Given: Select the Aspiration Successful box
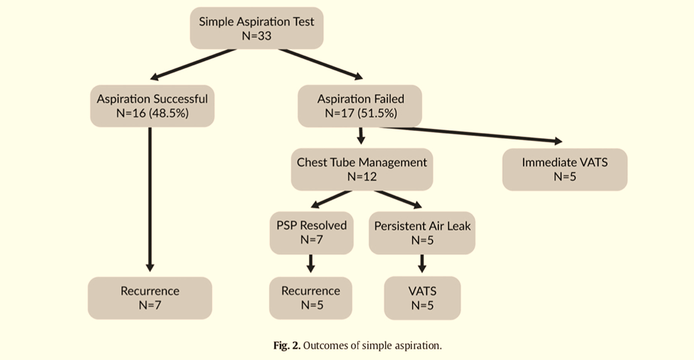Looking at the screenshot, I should (152, 105).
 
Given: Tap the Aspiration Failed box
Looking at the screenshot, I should (360, 105).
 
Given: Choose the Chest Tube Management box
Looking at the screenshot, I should (362, 169).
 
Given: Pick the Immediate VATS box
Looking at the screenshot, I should (564, 169).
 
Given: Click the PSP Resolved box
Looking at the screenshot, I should (311, 233).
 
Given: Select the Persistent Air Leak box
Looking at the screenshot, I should (422, 233).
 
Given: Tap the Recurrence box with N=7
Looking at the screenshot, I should (149, 298).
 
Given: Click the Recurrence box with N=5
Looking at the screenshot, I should (310, 298).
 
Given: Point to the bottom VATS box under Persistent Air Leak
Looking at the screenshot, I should (422, 298).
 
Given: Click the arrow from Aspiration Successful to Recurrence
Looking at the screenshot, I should (150, 199).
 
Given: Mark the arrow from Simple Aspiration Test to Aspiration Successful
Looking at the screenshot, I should (192, 64).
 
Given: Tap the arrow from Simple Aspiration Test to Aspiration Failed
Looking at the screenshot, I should (320, 64).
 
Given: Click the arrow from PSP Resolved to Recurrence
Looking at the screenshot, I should (310, 263).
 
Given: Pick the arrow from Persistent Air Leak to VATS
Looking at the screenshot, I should (421, 263).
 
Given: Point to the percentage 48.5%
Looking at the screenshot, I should (169, 113).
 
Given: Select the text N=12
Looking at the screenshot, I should (362, 177).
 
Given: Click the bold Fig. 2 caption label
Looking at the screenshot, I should (286, 346).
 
